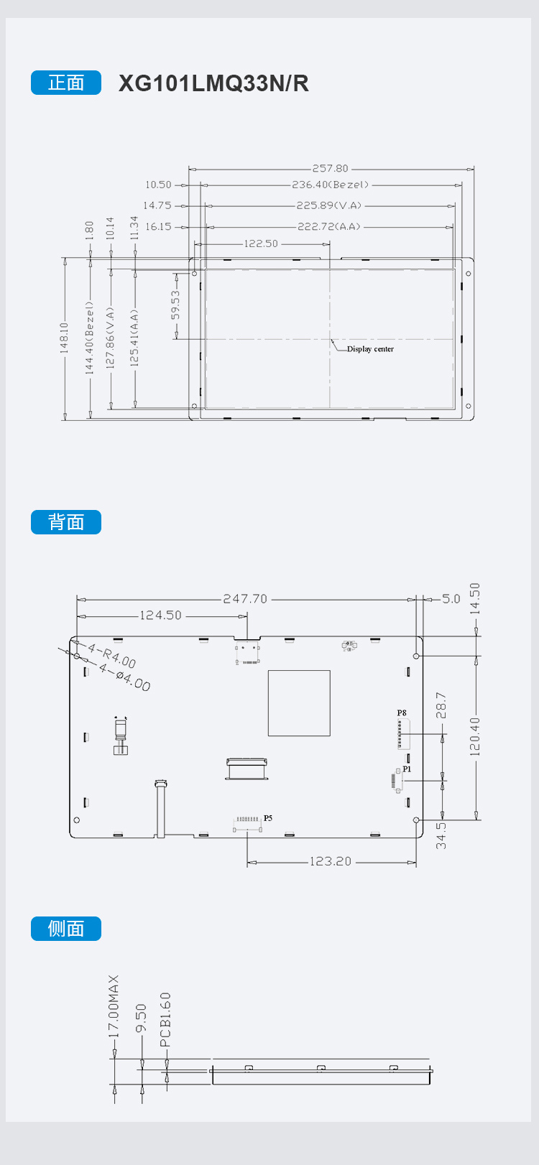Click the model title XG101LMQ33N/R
(x=213, y=83)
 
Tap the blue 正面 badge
(x=66, y=83)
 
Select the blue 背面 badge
(x=66, y=522)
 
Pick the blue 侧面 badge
(x=66, y=929)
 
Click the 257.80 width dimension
(x=331, y=169)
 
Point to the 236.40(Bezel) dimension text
(x=331, y=185)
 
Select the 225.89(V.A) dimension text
(x=329, y=205)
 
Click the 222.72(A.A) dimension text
(x=329, y=227)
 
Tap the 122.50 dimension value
(x=261, y=243)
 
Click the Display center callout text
(x=370, y=349)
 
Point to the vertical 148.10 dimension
(x=64, y=338)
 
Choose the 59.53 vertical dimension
(x=176, y=305)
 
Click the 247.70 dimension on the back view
(x=245, y=599)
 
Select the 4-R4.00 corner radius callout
(x=112, y=655)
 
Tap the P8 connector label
(x=402, y=713)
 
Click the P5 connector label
(x=268, y=818)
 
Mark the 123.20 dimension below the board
(x=331, y=861)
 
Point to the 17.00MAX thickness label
(x=114, y=1006)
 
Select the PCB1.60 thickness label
(x=165, y=1020)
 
